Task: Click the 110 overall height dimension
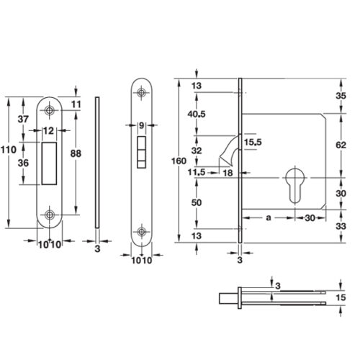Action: coord(8,149)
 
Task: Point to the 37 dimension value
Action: coord(22,119)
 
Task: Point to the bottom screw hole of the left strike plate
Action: coord(50,215)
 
